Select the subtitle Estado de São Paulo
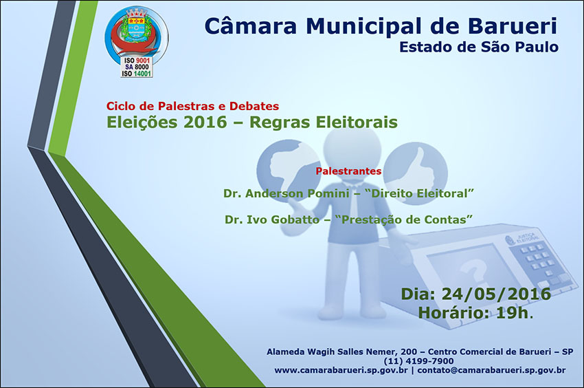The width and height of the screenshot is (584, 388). [478, 47]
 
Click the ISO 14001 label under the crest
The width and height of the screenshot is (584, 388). [136, 74]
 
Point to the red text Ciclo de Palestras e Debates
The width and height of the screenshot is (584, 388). [192, 107]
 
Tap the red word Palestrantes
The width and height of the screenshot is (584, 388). [348, 170]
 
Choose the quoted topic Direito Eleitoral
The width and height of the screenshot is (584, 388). [423, 194]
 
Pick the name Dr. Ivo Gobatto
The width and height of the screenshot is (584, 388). [272, 219]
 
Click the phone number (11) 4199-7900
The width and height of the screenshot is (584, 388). [419, 361]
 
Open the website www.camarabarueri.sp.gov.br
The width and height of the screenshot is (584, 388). [341, 371]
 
